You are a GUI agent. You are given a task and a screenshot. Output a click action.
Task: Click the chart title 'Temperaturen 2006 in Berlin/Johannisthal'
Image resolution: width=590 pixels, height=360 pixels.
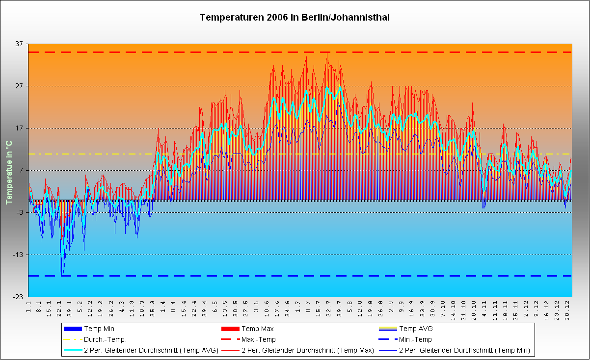coord(295,18)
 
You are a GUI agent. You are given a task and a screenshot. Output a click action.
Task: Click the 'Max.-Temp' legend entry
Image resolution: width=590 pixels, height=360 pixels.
coord(259,339)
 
